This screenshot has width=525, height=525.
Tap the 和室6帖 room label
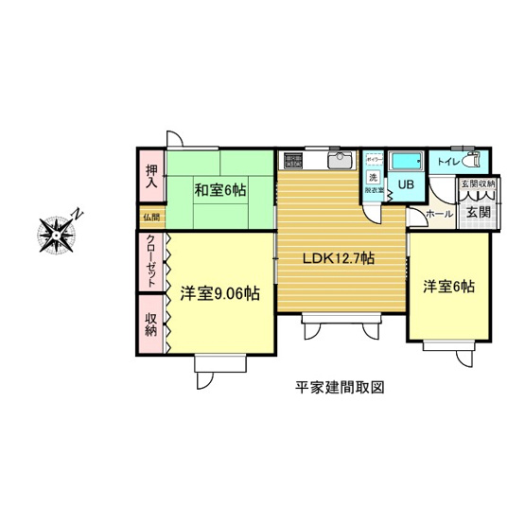[x=219, y=190]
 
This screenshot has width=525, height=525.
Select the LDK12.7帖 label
[x=337, y=257]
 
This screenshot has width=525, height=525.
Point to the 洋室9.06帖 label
[x=220, y=293]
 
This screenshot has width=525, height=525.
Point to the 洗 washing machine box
[x=373, y=178]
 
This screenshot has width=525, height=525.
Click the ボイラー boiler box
[x=373, y=158]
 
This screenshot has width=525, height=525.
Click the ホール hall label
[x=439, y=214]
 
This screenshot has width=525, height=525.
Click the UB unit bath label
[x=404, y=184]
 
